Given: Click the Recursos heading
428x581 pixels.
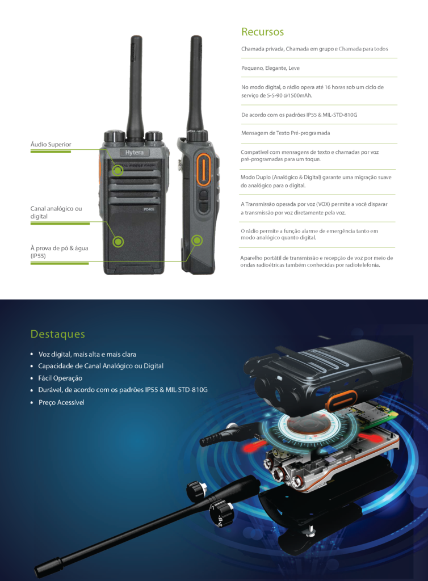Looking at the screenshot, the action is (262, 32).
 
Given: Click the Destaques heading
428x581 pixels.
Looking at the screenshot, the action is (58, 334).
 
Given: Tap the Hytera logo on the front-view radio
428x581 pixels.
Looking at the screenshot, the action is (134, 152).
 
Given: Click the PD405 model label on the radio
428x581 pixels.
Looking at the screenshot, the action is (149, 209).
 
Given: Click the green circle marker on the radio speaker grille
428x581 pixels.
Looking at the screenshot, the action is (118, 170).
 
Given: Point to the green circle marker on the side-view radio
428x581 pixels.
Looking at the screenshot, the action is (197, 241).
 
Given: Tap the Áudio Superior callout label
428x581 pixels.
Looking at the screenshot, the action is (51, 145).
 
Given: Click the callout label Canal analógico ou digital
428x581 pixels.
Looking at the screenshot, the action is (56, 212).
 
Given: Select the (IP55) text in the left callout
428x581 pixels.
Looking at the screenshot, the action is (38, 256).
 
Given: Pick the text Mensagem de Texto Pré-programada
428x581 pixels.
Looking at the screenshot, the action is (286, 133).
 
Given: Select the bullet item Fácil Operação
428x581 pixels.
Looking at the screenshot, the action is (60, 378).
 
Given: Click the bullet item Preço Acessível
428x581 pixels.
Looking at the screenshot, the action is (61, 402).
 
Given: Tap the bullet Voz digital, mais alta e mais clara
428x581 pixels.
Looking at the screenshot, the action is (87, 354).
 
